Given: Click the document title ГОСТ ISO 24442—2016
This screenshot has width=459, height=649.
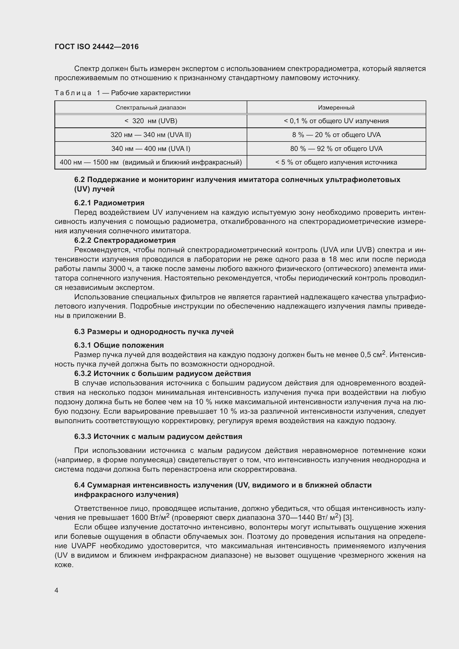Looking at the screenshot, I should click(x=97, y=47).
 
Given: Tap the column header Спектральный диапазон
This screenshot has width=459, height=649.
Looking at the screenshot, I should click(x=151, y=108).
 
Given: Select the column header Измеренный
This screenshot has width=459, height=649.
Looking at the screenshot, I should click(x=336, y=108).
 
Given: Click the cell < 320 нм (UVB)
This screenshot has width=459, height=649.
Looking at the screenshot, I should click(x=151, y=121).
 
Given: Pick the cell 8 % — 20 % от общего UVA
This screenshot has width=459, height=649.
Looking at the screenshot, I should click(x=336, y=135).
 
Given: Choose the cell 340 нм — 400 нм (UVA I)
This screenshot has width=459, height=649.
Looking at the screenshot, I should click(x=151, y=149).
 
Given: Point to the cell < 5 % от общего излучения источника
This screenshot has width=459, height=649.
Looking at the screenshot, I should click(x=336, y=162).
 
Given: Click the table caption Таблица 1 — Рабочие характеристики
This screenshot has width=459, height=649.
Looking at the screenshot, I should click(x=122, y=93).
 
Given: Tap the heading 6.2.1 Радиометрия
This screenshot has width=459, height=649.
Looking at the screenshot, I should click(x=109, y=203).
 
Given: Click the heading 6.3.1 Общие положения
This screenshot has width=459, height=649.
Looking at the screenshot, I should click(x=119, y=345).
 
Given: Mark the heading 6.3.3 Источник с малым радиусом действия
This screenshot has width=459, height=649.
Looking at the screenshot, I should click(x=158, y=436).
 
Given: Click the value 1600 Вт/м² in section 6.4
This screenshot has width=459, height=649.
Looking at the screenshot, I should click(x=150, y=517).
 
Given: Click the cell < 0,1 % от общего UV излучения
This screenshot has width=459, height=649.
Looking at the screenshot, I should click(x=336, y=121).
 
